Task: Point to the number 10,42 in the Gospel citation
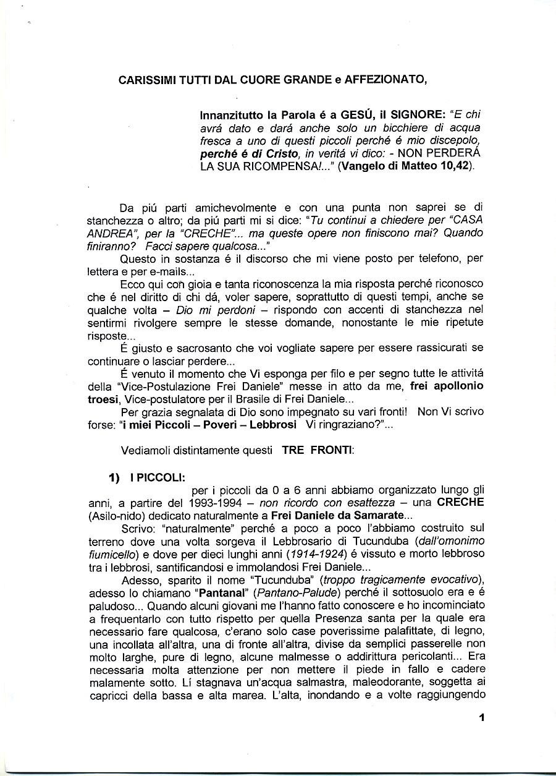(x=455, y=168)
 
